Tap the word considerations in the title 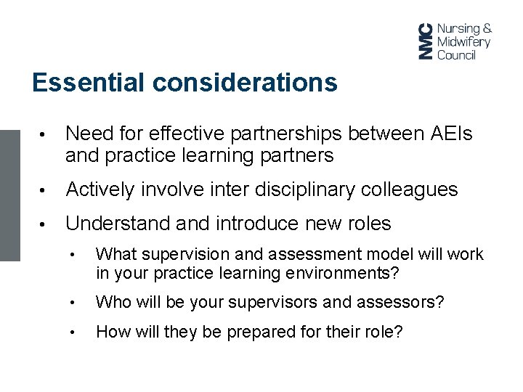click(245, 83)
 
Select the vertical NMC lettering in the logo click(425, 41)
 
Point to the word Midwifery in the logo click(463, 41)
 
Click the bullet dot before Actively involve click(45, 191)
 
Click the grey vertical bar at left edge click(10, 195)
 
